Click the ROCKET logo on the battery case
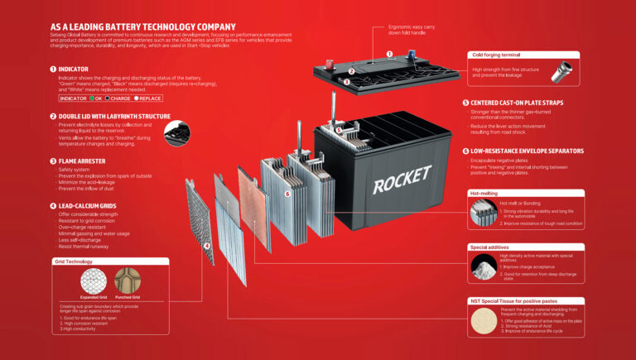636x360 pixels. pos(402,179)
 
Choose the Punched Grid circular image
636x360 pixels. pos(128,282)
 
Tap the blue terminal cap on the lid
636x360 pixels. pos(412,56)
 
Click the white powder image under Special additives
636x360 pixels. pos(483,266)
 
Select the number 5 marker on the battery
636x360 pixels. pos(338,130)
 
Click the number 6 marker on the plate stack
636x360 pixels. pos(287,194)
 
